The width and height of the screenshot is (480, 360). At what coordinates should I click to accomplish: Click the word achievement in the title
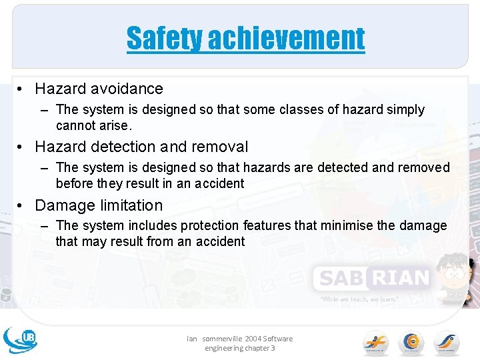(x=286, y=38)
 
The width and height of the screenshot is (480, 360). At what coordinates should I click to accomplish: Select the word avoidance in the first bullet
(x=130, y=89)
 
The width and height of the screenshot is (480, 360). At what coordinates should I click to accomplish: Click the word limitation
(x=130, y=205)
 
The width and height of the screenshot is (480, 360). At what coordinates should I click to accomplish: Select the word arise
(x=117, y=125)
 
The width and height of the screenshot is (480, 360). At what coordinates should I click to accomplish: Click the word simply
(x=402, y=109)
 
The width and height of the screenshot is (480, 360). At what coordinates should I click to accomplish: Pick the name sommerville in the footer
(x=221, y=339)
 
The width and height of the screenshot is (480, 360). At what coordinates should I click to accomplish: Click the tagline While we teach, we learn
(x=359, y=299)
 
